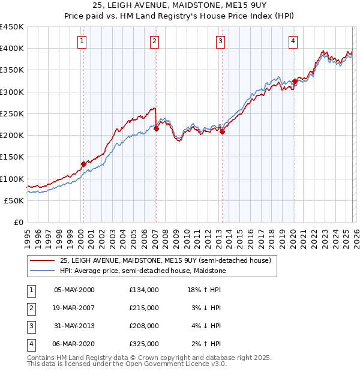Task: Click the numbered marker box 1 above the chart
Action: click(x=82, y=41)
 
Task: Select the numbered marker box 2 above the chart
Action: click(x=154, y=41)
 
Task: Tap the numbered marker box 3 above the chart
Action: click(x=221, y=41)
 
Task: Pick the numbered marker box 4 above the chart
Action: click(x=293, y=41)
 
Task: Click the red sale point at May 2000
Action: click(x=83, y=164)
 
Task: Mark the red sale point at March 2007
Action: click(x=156, y=128)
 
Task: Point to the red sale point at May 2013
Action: click(x=222, y=132)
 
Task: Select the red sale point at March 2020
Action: click(x=295, y=81)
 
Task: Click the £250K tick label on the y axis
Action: click(x=12, y=113)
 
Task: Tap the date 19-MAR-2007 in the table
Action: click(x=74, y=307)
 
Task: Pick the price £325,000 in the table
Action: click(x=144, y=344)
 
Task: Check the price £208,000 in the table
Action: click(x=144, y=326)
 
